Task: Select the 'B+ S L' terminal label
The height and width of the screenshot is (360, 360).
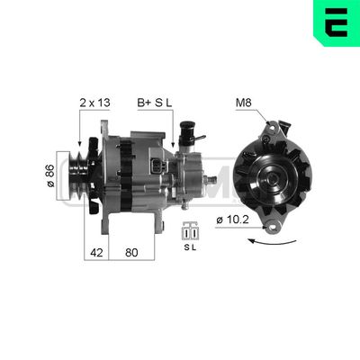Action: pyautogui.click(x=153, y=103)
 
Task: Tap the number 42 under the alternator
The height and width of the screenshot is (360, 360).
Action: pyautogui.click(x=95, y=254)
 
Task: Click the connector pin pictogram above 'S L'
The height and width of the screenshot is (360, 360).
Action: pyautogui.click(x=190, y=229)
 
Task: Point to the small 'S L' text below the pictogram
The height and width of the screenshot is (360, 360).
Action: pyautogui.click(x=190, y=245)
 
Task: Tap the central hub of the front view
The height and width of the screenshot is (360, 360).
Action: pyautogui.click(x=269, y=178)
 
